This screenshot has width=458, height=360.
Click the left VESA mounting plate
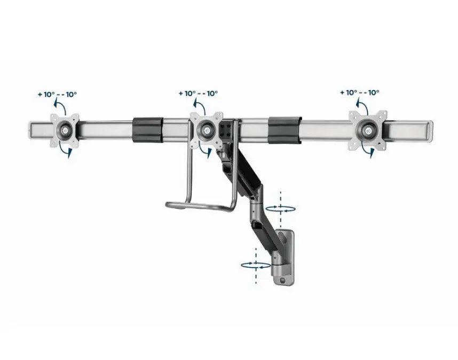click(65, 129)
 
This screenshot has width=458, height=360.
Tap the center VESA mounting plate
click(207, 129)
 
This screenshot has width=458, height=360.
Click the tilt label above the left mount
click(58, 95)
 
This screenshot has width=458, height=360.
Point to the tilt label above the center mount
click(199, 93)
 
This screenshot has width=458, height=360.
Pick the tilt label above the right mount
click(360, 92)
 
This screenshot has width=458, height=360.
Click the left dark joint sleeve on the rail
click(147, 130)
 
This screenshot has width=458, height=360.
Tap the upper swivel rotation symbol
click(281, 209)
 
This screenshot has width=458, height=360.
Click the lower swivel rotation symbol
click(256, 265)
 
